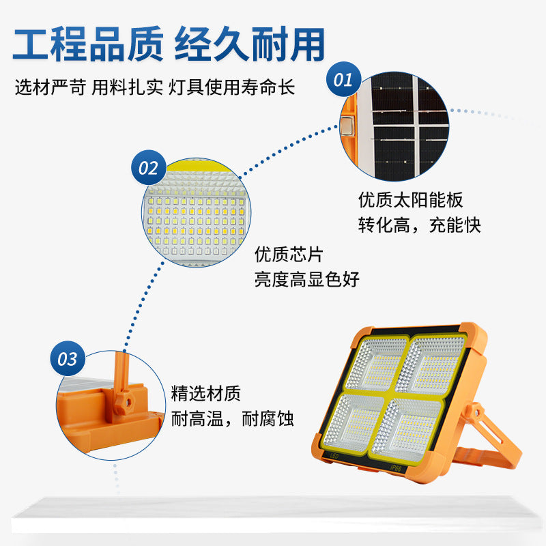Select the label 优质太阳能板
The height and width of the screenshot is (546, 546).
point(411,200)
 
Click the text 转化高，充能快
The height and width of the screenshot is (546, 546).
point(419,225)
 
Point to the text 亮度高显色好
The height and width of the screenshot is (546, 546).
point(306,279)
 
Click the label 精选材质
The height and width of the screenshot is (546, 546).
point(205,394)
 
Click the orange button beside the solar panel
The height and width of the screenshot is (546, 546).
point(347,126)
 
